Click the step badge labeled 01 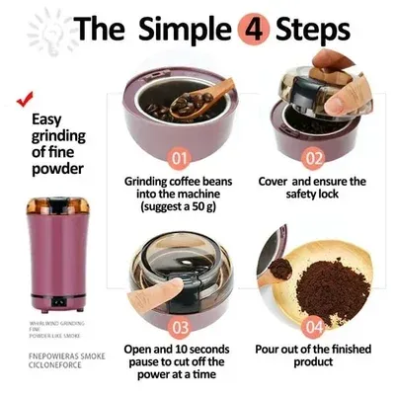(x=179, y=156)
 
